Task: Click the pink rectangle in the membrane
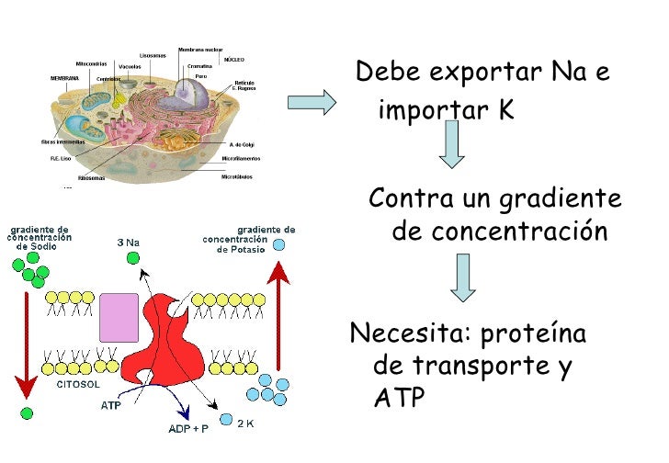point(119,318)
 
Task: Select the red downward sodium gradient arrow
point(26,340)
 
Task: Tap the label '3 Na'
point(129,243)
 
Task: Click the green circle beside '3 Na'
point(132,258)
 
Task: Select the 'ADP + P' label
point(187,428)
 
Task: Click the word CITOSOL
point(79,386)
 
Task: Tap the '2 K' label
point(245,423)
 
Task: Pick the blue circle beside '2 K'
point(226,419)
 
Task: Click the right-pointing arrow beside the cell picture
point(312,102)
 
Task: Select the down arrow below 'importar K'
point(451,145)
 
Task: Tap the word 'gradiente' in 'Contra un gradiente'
point(559,198)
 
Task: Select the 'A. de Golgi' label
point(241,144)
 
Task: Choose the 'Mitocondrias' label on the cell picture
point(91,63)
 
